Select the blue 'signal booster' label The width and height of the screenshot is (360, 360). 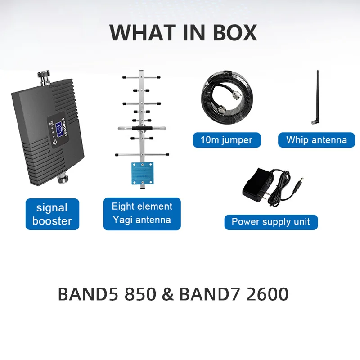(x=52, y=214)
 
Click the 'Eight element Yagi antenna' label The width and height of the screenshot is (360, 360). (x=142, y=213)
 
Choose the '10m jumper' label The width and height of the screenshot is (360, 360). (x=226, y=139)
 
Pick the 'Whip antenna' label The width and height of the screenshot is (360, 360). (x=316, y=139)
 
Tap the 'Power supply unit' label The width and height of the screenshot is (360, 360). (x=271, y=221)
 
